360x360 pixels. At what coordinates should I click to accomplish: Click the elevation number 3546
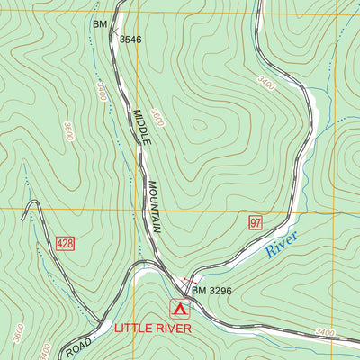[130, 40]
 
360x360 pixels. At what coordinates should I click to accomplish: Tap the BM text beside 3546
[99, 24]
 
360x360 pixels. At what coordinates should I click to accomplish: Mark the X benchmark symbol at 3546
[113, 32]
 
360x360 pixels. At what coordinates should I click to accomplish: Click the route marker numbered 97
[256, 222]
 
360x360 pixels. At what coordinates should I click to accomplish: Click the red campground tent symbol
[180, 310]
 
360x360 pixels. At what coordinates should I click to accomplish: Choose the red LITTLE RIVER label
[153, 328]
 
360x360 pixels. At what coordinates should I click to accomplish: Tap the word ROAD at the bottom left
[78, 346]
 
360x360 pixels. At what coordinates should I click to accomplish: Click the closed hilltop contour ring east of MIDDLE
[200, 129]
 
